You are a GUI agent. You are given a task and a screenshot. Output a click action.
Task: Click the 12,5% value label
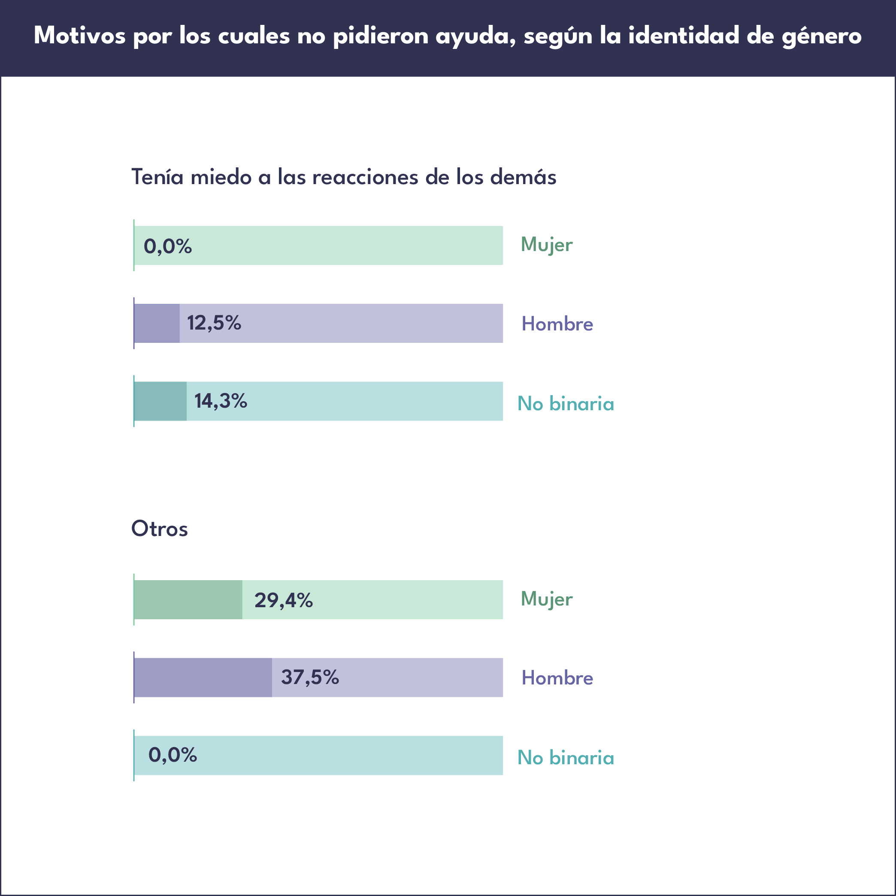coord(214,323)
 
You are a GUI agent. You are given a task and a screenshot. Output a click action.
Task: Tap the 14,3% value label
coord(220,401)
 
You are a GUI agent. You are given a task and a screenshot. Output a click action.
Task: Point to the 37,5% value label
coord(310,677)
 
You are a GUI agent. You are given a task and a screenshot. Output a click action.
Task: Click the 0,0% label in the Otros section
coord(173,755)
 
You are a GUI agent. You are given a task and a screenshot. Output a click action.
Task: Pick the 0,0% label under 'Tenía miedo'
coord(167,246)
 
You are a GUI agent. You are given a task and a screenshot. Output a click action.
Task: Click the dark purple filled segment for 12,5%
coord(157,323)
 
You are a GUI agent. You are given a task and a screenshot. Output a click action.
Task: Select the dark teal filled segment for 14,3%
coord(160,401)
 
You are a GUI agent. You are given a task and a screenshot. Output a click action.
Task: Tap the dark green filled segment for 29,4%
coord(188,599)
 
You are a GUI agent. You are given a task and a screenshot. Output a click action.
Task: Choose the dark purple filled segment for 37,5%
coord(203,678)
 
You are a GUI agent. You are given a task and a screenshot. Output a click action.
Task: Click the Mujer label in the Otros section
coord(546,599)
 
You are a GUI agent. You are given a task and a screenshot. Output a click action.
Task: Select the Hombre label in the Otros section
coord(557,678)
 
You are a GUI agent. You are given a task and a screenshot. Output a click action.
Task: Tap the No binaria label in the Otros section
coord(565,758)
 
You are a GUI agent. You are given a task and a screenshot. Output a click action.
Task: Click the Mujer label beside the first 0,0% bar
coord(546,245)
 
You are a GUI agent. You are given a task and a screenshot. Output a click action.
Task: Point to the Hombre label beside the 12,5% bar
coord(557,324)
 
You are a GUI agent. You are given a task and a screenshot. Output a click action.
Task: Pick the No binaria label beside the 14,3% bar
coord(565,403)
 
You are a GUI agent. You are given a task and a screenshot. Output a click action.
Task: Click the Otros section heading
coord(160,529)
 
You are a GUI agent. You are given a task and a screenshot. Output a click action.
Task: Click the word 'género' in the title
coord(821,36)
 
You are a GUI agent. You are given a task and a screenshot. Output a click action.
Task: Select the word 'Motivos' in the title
coord(80,35)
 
